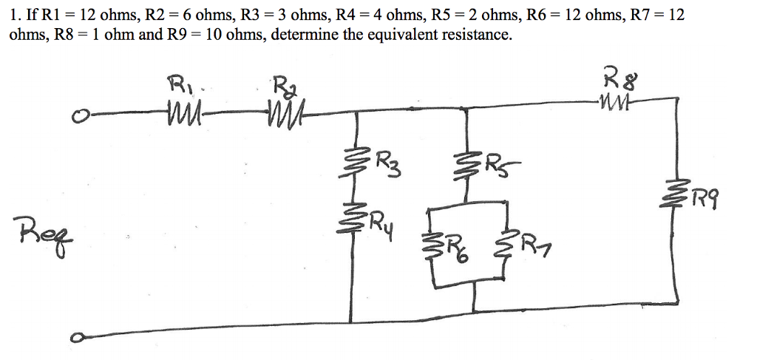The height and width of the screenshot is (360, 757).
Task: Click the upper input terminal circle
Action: point(75,115)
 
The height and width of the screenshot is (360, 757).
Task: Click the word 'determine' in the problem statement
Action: point(303,35)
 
